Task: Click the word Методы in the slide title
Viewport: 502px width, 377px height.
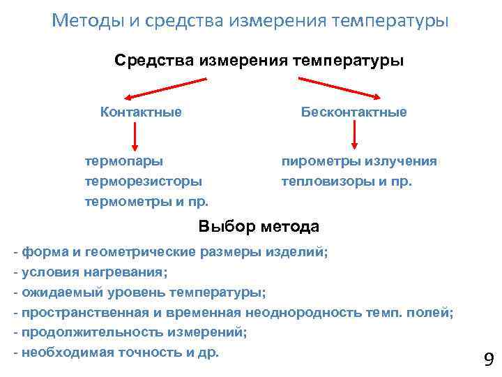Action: click(x=87, y=20)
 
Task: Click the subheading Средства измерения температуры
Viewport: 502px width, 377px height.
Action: click(x=259, y=61)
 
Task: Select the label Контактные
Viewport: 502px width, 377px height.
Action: click(x=141, y=112)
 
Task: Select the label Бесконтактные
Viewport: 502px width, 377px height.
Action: click(x=353, y=112)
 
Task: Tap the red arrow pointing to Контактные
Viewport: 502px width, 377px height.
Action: click(x=154, y=87)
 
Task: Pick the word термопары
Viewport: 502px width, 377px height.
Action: click(x=124, y=161)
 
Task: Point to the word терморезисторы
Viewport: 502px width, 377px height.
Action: click(x=144, y=182)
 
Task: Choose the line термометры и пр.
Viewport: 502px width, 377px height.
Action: click(x=146, y=202)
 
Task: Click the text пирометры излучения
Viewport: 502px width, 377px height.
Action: click(x=359, y=161)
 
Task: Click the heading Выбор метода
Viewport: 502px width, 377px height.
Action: click(x=259, y=226)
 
